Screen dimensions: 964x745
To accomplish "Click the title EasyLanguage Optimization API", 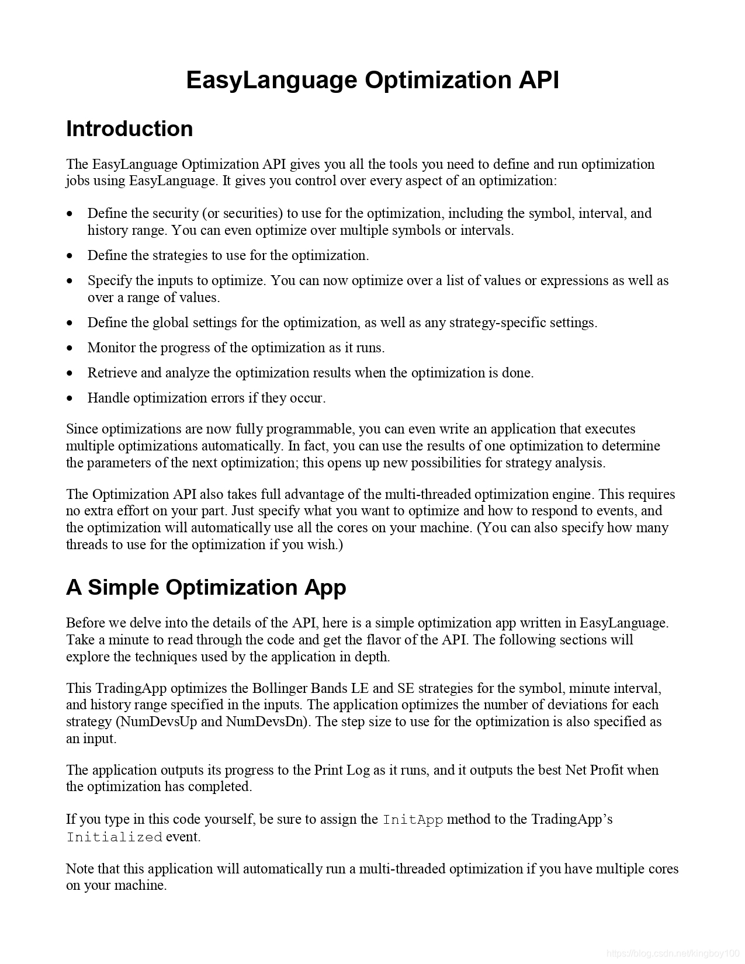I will pyautogui.click(x=372, y=80).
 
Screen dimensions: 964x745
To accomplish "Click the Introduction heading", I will pyautogui.click(x=129, y=129).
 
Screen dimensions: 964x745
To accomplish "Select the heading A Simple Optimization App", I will pyautogui.click(x=206, y=587).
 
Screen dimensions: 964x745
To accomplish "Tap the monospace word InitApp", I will pyautogui.click(x=413, y=820).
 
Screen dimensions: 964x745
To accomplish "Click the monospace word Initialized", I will pyautogui.click(x=114, y=837).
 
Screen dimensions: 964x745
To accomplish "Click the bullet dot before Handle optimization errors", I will pyautogui.click(x=70, y=399).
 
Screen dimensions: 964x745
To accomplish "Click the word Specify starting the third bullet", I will pyautogui.click(x=109, y=281).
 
